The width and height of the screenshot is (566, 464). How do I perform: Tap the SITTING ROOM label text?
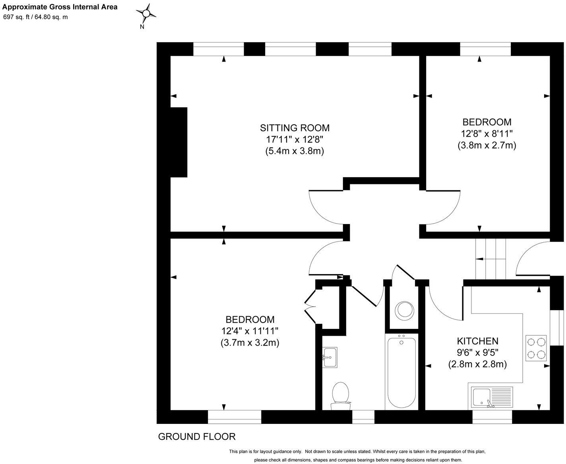click(295, 128)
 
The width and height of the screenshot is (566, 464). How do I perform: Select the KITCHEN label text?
click(477, 341)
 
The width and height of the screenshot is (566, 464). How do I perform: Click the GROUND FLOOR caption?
click(197, 437)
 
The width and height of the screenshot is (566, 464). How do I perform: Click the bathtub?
click(401, 371)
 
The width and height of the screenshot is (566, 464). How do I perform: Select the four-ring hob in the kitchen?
click(536, 348)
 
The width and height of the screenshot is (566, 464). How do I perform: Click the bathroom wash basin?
click(330, 357)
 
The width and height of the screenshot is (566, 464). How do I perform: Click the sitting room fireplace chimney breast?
click(178, 142)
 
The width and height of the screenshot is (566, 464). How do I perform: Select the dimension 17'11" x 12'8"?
click(295, 139)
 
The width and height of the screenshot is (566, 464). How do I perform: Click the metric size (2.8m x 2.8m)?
click(477, 364)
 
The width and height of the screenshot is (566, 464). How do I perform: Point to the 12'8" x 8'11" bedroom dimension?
click(487, 133)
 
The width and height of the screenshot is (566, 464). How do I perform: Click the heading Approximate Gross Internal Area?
click(60, 7)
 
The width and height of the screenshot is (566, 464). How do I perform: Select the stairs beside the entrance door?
click(490, 259)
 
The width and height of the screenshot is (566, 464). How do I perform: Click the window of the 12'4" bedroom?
click(235, 417)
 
